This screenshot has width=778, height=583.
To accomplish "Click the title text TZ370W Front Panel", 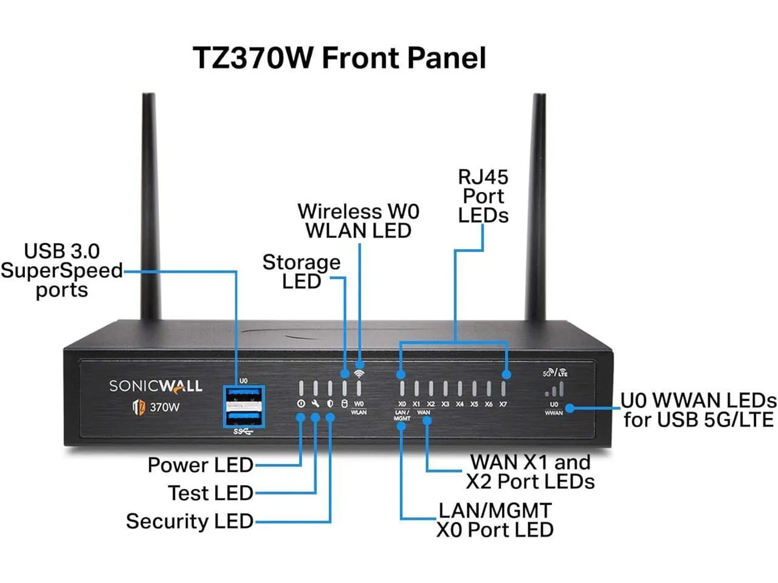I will click(339, 58).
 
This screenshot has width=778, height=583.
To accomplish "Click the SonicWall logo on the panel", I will click(156, 386).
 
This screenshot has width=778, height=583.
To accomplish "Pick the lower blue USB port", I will click(244, 418).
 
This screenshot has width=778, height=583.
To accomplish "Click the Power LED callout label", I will click(200, 465).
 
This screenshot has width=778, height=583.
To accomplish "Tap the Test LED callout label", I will click(210, 493).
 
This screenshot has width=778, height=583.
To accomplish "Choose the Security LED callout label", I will click(189, 521).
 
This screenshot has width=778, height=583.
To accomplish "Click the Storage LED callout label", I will click(301, 271).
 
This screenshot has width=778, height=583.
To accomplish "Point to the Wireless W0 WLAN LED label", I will click(359, 221).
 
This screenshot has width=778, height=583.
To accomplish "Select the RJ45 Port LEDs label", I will click(483, 196).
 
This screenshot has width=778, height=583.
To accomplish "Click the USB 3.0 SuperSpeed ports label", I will click(61, 270).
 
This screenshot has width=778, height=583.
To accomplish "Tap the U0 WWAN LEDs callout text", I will click(698, 410).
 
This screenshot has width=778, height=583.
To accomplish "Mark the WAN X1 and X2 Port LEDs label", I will click(530, 472).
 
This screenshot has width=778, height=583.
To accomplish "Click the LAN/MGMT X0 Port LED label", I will click(495, 520).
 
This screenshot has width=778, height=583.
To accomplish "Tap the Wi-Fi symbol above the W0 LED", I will click(359, 373).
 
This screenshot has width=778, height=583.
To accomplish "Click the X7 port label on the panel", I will click(503, 404).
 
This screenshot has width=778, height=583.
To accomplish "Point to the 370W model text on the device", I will click(164, 407).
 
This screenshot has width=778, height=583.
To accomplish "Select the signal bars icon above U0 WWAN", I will click(554, 389).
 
